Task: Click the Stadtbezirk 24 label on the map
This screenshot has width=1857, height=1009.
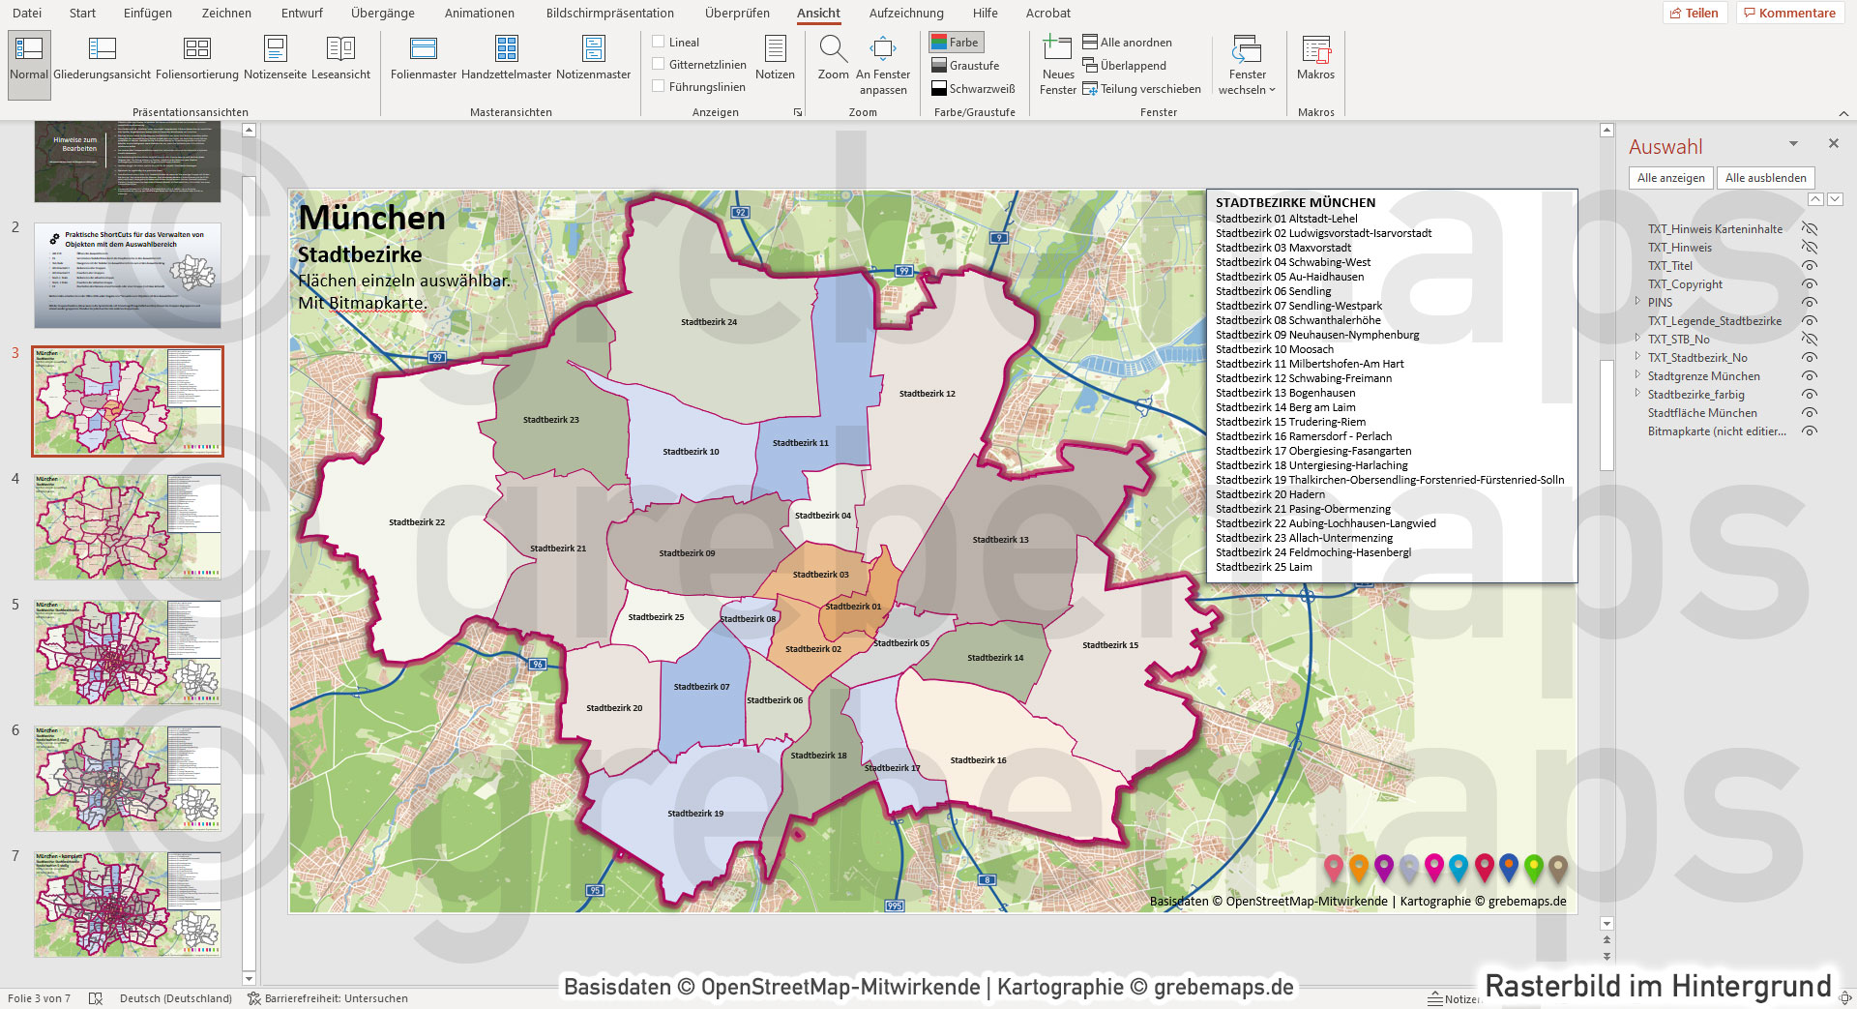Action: [708, 322]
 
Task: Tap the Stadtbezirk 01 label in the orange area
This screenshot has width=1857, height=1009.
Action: [853, 607]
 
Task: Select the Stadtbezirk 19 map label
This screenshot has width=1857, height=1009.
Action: [694, 814]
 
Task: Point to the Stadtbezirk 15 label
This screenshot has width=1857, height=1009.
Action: [1109, 645]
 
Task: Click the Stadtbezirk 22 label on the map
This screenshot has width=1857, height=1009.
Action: [417, 522]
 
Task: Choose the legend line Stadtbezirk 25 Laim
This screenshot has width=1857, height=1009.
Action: [1263, 567]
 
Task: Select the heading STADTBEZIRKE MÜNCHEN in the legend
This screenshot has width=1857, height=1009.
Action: [1295, 202]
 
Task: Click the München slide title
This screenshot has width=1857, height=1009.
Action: [372, 218]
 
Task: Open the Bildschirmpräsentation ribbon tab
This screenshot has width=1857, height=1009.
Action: [609, 14]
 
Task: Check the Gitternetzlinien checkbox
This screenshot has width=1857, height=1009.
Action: [659, 64]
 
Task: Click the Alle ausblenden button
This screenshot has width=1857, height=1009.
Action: [1765, 178]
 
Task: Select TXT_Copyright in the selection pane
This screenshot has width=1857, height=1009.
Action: [1685, 284]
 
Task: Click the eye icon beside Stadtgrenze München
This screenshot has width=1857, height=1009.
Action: [1810, 376]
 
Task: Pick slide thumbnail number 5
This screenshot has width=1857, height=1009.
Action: [128, 652]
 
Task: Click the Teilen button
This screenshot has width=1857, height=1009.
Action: [1694, 14]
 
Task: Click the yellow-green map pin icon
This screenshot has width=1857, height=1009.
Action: [1533, 868]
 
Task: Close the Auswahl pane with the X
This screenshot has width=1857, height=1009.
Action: [1833, 143]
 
